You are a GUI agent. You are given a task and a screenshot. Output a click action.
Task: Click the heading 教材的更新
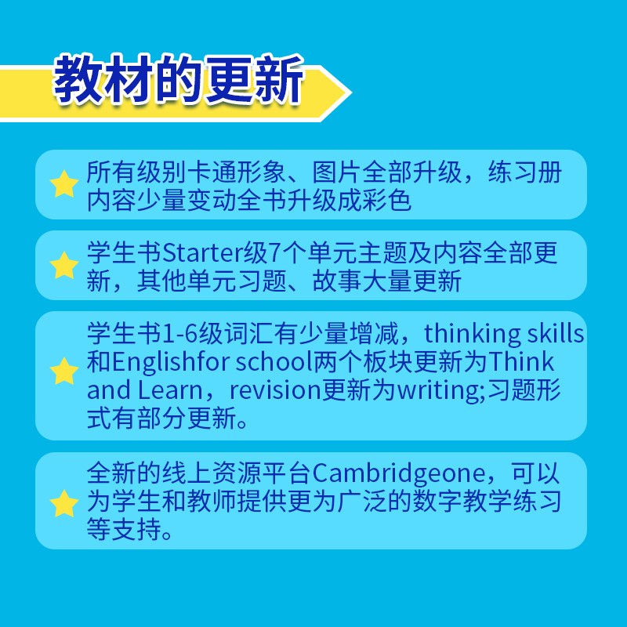point(179,79)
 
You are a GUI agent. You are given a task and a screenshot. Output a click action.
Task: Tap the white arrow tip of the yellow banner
point(350,92)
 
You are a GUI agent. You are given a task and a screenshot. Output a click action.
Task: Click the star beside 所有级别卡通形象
point(64,184)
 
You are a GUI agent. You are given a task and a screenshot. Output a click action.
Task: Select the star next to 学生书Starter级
point(64,265)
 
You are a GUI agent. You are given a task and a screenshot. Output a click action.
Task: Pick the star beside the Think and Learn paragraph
point(64,371)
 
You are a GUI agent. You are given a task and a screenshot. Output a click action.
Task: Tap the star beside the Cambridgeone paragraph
point(64,503)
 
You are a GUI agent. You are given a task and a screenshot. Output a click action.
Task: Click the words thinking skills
point(504,334)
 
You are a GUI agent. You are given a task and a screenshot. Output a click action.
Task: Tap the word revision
point(275,390)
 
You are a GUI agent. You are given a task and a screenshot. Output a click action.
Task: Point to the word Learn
point(170,390)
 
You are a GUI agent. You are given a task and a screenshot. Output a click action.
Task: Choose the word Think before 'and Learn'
point(520,362)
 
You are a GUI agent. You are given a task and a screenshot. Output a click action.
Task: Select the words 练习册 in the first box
point(525,172)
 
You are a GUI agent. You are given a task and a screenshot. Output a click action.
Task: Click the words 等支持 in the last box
point(124,529)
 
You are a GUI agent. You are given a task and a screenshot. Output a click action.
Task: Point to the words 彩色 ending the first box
point(386,201)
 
